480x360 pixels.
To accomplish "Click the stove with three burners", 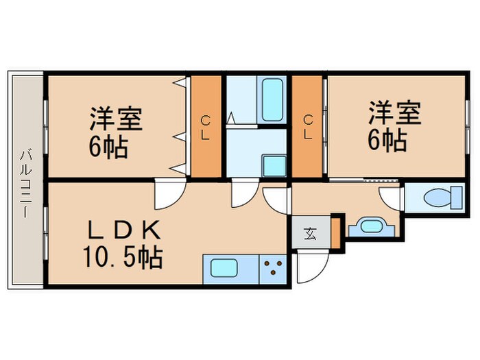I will (x=274, y=267).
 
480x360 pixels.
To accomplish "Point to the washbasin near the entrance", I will (x=371, y=226).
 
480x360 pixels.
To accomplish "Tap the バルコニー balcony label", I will (x=25, y=182).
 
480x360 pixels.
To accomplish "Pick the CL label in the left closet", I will (x=205, y=127).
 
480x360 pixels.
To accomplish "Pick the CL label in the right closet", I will (x=308, y=127).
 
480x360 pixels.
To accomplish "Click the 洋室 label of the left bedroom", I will (x=115, y=119).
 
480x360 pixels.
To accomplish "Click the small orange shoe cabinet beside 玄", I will (x=335, y=231).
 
